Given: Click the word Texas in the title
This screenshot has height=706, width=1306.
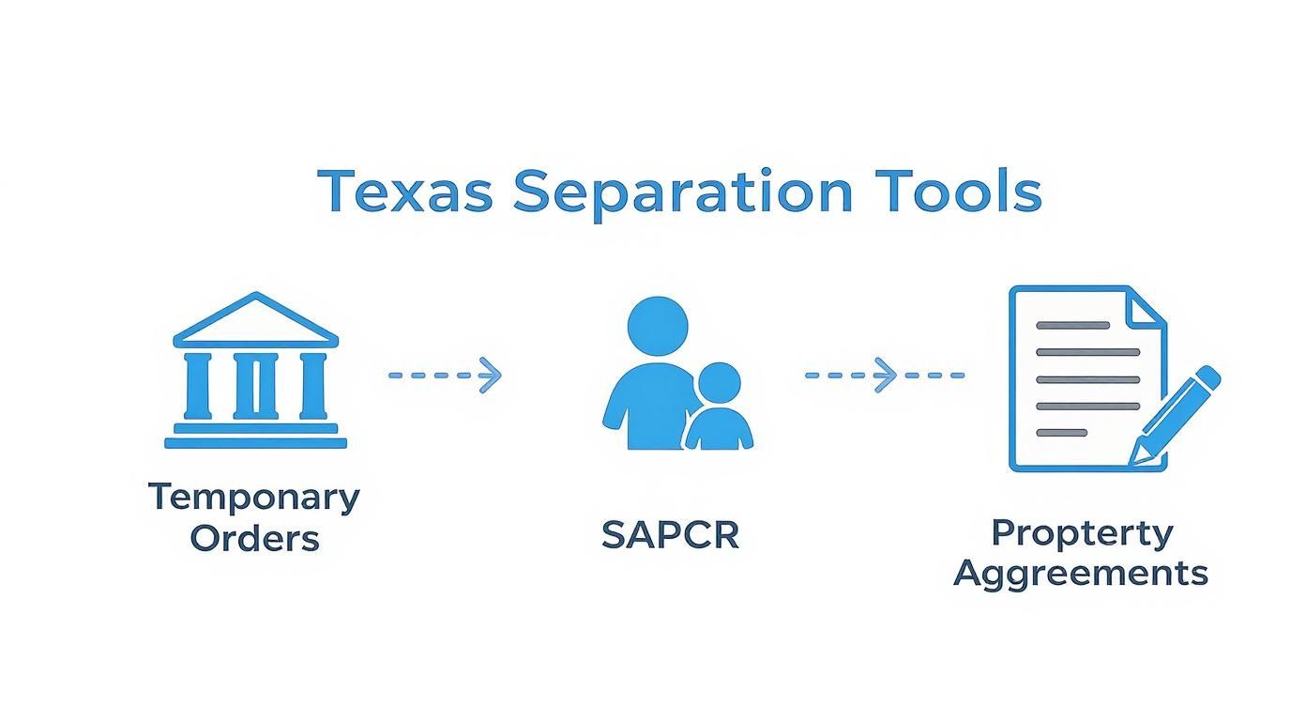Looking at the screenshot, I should pos(404,192).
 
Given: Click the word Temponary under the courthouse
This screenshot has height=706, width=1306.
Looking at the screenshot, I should pos(254,497).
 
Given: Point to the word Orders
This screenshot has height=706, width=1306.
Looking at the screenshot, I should pos(254,539).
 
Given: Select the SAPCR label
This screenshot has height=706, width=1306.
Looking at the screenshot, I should pos(670,535).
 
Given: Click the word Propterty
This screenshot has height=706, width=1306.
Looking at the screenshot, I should pos(1082,532).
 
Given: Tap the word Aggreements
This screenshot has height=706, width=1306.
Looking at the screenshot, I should pos(1081,572).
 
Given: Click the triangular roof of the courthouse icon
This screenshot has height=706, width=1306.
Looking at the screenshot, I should pos(255,319).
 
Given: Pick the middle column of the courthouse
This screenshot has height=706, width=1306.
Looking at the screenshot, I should pos(255,385).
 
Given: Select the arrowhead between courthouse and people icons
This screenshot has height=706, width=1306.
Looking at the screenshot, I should pos(491,375).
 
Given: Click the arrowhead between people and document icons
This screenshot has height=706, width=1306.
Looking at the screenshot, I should pos(886,375).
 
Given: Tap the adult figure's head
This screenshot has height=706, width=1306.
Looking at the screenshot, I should pos(657,327).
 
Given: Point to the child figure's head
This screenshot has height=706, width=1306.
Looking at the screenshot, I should pos(719,383).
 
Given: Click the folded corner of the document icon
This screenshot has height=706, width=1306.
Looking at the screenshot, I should pos(1144,308).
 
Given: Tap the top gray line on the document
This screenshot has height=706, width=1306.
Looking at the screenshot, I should pos(1072,326).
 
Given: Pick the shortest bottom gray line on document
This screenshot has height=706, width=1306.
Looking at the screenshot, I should pos(1061,433).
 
